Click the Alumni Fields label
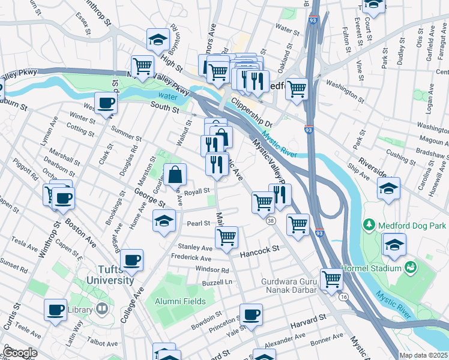pyautogui.click(x=179, y=301)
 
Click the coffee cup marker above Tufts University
pyautogui.click(x=131, y=260)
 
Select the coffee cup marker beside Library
pyautogui.click(x=56, y=310)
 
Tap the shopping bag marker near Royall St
pyautogui.click(x=175, y=175)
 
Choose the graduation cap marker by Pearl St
pyautogui.click(x=164, y=221)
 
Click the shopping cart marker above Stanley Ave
pyautogui.click(x=226, y=237)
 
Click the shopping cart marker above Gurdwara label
pyautogui.click(x=331, y=279)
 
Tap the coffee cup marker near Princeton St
pyautogui.click(x=251, y=314)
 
